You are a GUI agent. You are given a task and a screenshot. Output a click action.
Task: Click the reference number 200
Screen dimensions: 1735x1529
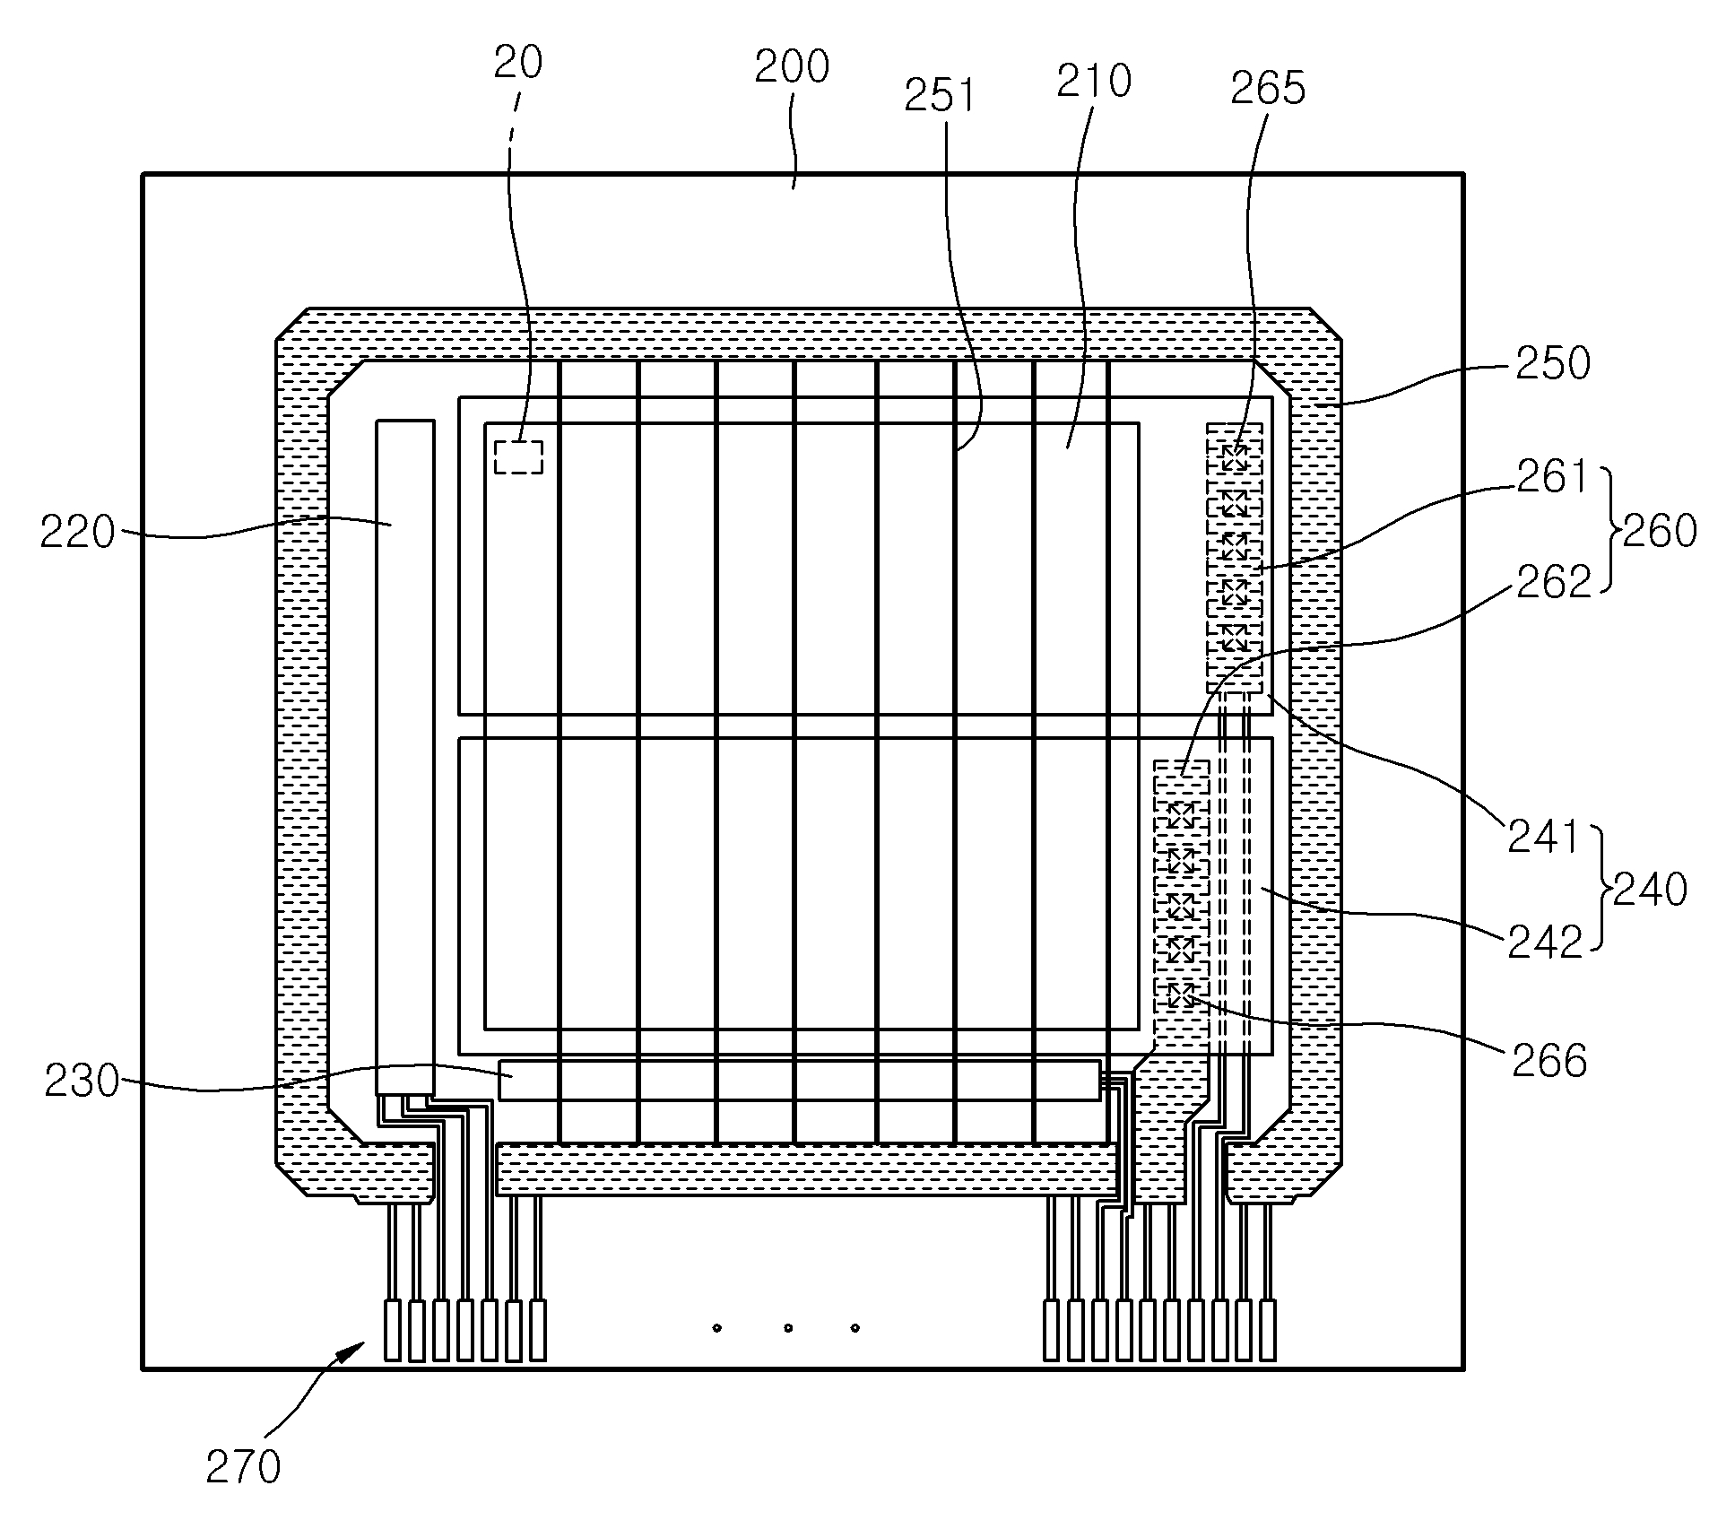[x=792, y=67]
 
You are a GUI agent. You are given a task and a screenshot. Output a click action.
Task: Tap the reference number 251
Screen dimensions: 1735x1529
[x=940, y=96]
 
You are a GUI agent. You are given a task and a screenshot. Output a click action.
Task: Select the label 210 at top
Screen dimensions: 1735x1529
[x=1094, y=82]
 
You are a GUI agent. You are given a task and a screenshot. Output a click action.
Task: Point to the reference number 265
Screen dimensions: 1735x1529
[x=1268, y=88]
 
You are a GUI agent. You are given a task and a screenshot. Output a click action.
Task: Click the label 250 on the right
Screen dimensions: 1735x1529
[x=1553, y=364]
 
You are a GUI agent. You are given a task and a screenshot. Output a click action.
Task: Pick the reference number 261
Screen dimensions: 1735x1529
[x=1552, y=477]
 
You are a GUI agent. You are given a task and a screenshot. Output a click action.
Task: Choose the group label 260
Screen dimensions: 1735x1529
[x=1660, y=531]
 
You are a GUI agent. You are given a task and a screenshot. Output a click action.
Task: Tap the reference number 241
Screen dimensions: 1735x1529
[x=1543, y=838]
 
